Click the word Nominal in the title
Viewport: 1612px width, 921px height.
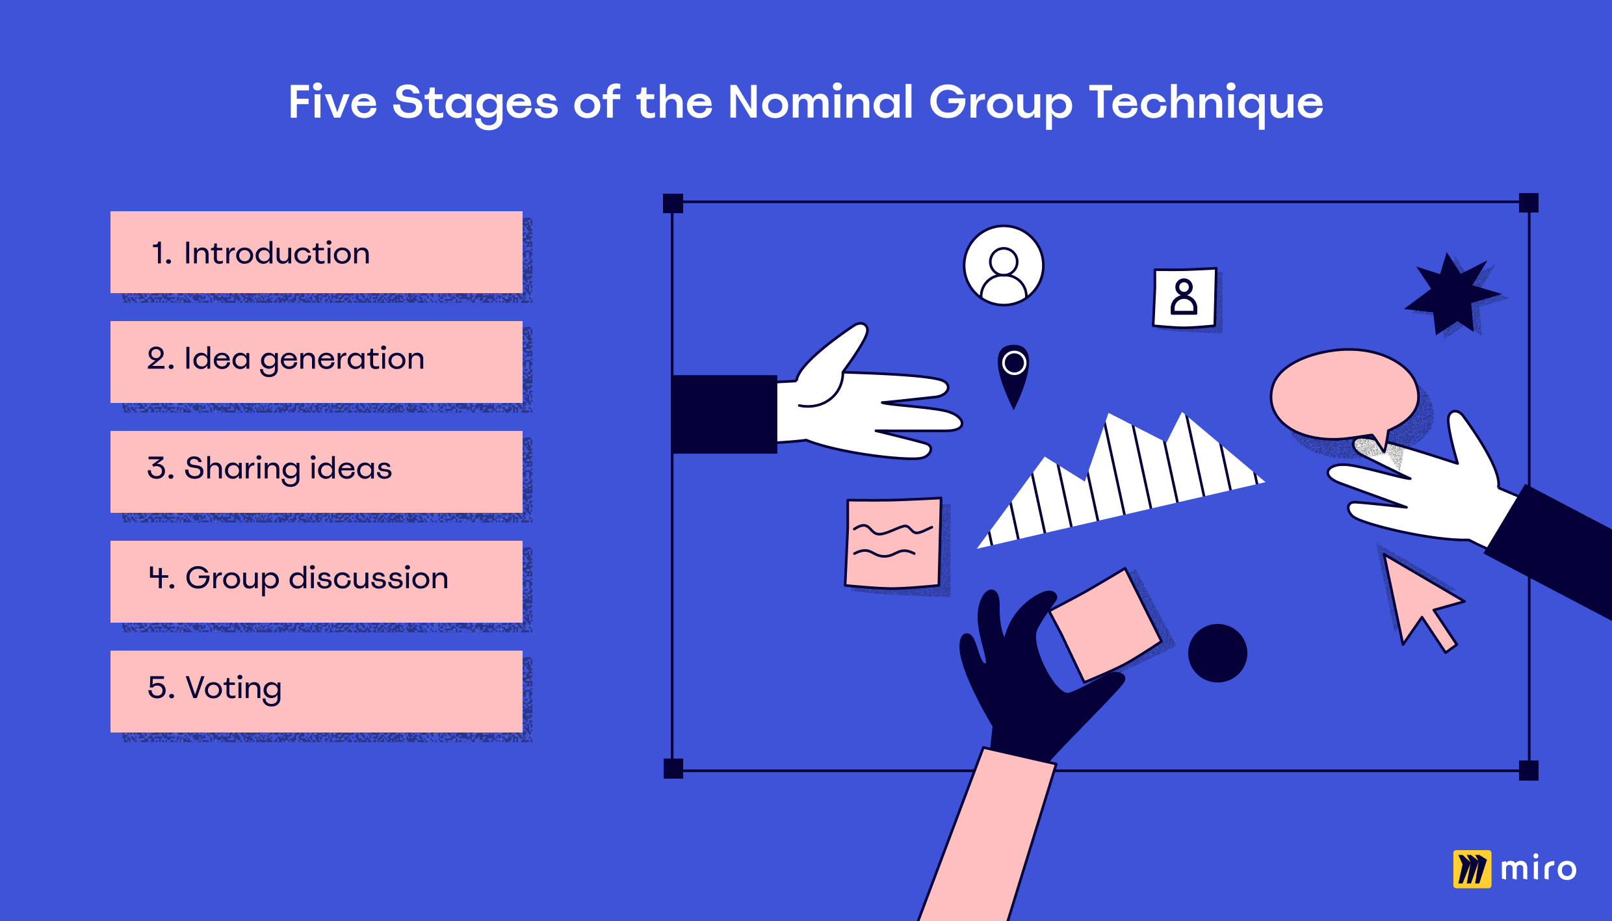[821, 102]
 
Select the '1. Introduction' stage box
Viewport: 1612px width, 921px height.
[317, 252]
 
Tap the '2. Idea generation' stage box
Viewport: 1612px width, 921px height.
[317, 362]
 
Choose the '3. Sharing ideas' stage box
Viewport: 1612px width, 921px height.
[317, 472]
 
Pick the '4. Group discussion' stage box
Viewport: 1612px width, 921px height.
[317, 582]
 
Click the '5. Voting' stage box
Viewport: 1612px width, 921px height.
[317, 692]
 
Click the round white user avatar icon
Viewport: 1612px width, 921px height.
[1004, 265]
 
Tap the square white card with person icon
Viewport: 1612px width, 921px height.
[1184, 298]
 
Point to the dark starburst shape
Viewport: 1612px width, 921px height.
[1453, 294]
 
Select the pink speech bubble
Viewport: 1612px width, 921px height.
[1344, 395]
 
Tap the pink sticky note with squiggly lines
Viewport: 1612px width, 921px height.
[893, 543]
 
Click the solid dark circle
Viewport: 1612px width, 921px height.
[1217, 653]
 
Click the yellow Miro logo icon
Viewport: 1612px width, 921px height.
[1472, 869]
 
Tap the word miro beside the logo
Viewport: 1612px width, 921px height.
[1539, 869]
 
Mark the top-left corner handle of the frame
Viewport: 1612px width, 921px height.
[673, 203]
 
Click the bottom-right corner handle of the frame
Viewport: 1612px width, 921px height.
[1529, 770]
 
